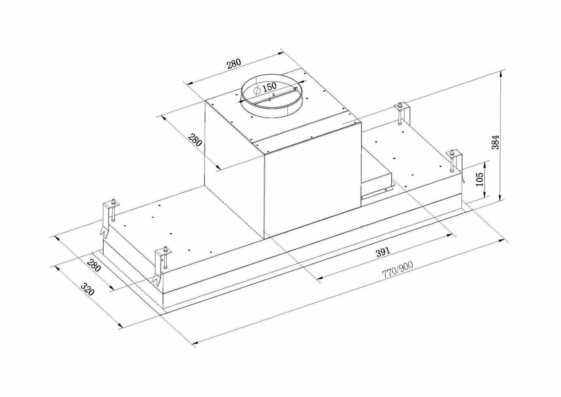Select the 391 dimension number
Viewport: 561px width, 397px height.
(x=382, y=252)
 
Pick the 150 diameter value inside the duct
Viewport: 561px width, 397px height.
(x=269, y=87)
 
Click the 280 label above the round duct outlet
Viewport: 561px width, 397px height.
(x=234, y=63)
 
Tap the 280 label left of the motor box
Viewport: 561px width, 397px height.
(x=195, y=140)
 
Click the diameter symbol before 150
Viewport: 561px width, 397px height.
(x=256, y=90)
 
